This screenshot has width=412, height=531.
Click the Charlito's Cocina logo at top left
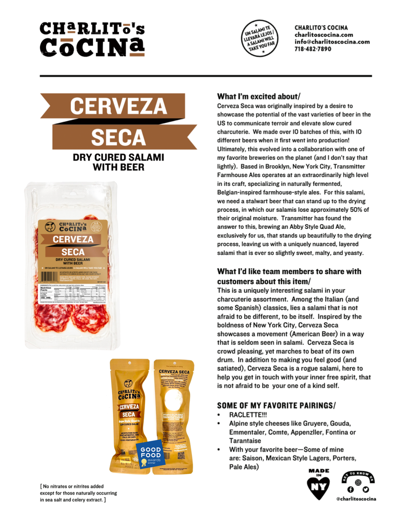(x=92, y=40)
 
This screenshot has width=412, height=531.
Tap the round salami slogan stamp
(x=260, y=38)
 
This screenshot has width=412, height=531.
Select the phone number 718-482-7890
(x=312, y=49)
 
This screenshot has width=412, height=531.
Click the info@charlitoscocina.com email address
(x=332, y=42)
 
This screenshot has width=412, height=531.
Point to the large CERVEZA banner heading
(x=118, y=106)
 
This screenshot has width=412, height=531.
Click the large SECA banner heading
(x=119, y=138)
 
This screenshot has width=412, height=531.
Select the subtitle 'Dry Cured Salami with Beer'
(x=118, y=162)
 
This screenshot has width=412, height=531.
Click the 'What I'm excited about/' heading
(x=259, y=97)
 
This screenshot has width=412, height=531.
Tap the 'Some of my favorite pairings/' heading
(x=276, y=405)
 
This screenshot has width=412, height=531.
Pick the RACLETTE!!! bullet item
(x=248, y=415)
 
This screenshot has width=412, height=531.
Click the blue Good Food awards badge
(x=150, y=455)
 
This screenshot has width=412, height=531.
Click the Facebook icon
(x=350, y=489)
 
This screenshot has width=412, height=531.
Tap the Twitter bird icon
(x=366, y=489)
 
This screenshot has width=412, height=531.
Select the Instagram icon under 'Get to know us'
(x=358, y=482)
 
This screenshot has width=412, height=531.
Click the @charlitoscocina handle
(x=356, y=499)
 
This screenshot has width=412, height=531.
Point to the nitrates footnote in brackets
(x=78, y=493)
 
